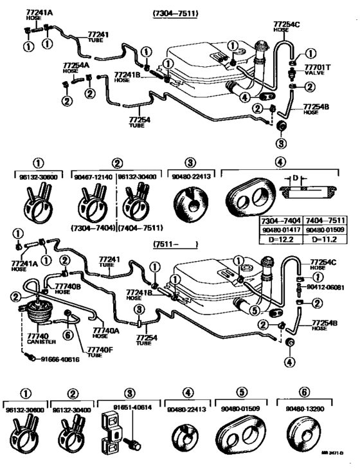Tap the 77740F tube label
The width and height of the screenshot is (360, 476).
tap(81, 351)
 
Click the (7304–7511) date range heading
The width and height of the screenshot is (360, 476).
tap(176, 14)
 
